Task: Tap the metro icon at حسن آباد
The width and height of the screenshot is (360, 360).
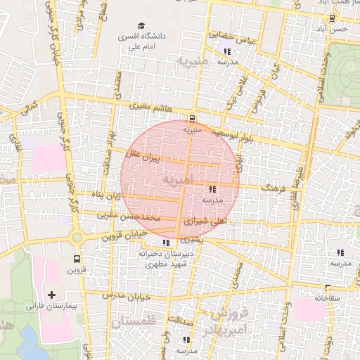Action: (331, 19)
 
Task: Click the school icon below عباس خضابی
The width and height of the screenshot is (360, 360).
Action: (226, 51)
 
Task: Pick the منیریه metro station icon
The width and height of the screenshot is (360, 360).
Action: (192, 118)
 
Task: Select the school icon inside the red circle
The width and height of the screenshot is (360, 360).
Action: (212, 189)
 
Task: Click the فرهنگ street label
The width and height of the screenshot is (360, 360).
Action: (275, 188)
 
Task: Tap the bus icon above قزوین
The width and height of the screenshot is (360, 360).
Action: (75, 257)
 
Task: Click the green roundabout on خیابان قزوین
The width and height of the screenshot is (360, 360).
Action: (77, 238)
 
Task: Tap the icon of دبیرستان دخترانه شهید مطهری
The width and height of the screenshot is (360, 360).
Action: (166, 243)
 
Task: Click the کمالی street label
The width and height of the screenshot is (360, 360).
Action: (28, 109)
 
